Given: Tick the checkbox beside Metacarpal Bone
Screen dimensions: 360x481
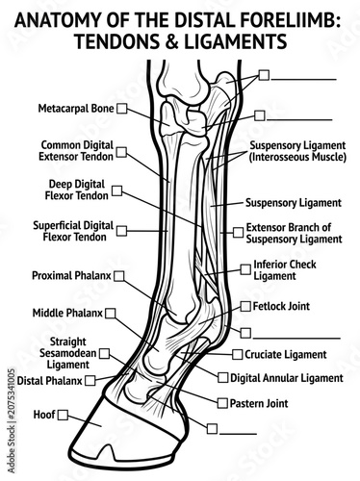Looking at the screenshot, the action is [x=121, y=109].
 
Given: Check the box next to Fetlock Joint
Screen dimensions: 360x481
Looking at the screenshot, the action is [x=245, y=306].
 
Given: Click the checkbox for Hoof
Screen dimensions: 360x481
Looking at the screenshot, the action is [x=63, y=415].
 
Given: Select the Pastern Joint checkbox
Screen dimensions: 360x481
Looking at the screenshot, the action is [x=222, y=403].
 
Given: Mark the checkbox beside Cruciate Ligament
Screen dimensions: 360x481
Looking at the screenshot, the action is [x=238, y=354].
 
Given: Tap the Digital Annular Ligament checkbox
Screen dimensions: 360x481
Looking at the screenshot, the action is [x=222, y=377].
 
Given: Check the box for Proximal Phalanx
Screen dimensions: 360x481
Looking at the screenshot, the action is [x=119, y=276].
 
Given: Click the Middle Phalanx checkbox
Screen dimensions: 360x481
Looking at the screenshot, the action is [x=111, y=313].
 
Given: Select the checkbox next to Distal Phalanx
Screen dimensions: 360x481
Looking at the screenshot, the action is [x=90, y=381].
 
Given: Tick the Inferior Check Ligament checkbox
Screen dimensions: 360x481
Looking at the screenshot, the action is [x=245, y=269].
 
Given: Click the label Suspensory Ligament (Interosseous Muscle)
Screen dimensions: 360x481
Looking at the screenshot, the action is [x=297, y=151].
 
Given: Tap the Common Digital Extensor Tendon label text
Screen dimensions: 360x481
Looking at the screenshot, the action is [x=76, y=151].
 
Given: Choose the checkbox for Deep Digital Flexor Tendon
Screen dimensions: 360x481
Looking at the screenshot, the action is [x=116, y=190].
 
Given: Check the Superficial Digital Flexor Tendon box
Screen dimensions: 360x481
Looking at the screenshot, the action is [x=121, y=231].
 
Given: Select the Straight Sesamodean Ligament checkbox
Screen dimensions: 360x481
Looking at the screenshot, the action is [x=104, y=354].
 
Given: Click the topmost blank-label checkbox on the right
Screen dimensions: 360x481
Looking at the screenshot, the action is [x=264, y=75].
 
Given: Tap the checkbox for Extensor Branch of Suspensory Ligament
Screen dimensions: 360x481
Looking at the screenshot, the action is [x=238, y=233].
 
